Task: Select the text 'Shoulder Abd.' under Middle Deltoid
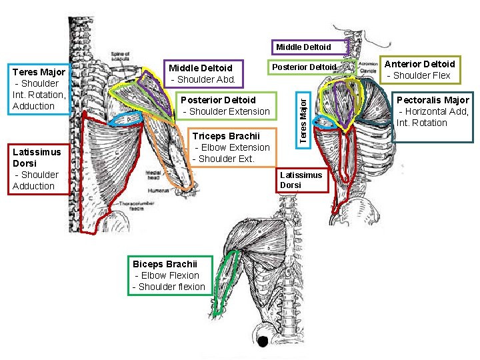tap(203, 79)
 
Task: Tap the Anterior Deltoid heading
tap(421, 64)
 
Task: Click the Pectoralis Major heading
tap(433, 100)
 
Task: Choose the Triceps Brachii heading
tap(226, 136)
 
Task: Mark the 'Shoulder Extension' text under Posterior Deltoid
tap(227, 111)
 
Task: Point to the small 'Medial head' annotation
tap(153, 174)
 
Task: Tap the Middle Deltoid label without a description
tap(303, 47)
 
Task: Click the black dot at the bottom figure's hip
tap(263, 341)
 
